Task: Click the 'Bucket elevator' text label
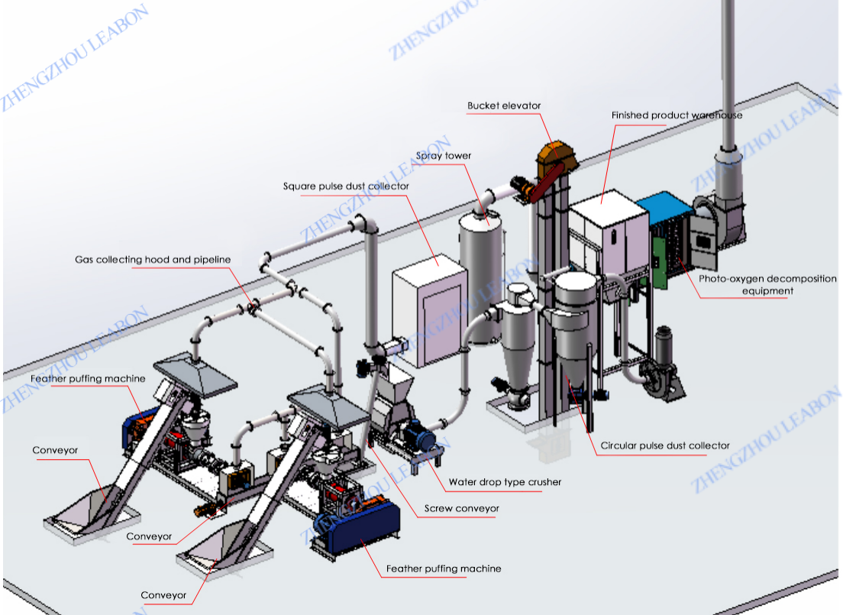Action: (504, 106)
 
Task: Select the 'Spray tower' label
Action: (444, 156)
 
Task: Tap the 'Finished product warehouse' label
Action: (677, 115)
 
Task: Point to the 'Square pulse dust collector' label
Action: (346, 186)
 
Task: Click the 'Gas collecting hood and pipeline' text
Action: (153, 260)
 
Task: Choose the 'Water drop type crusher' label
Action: (505, 482)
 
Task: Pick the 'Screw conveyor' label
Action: (462, 508)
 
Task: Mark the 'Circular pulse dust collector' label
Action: (665, 445)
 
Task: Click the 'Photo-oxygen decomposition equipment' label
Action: (767, 284)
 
